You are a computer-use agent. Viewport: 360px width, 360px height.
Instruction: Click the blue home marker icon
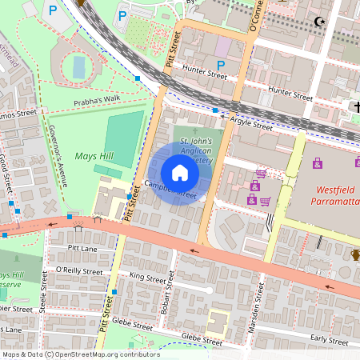(180, 173)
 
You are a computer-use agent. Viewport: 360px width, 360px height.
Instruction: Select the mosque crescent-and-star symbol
(321, 22)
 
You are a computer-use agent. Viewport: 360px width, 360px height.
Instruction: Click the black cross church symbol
(358, 106)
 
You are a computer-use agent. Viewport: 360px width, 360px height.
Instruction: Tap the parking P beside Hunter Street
(221, 64)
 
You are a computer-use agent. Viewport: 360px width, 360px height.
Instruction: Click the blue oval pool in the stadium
(78, 67)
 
